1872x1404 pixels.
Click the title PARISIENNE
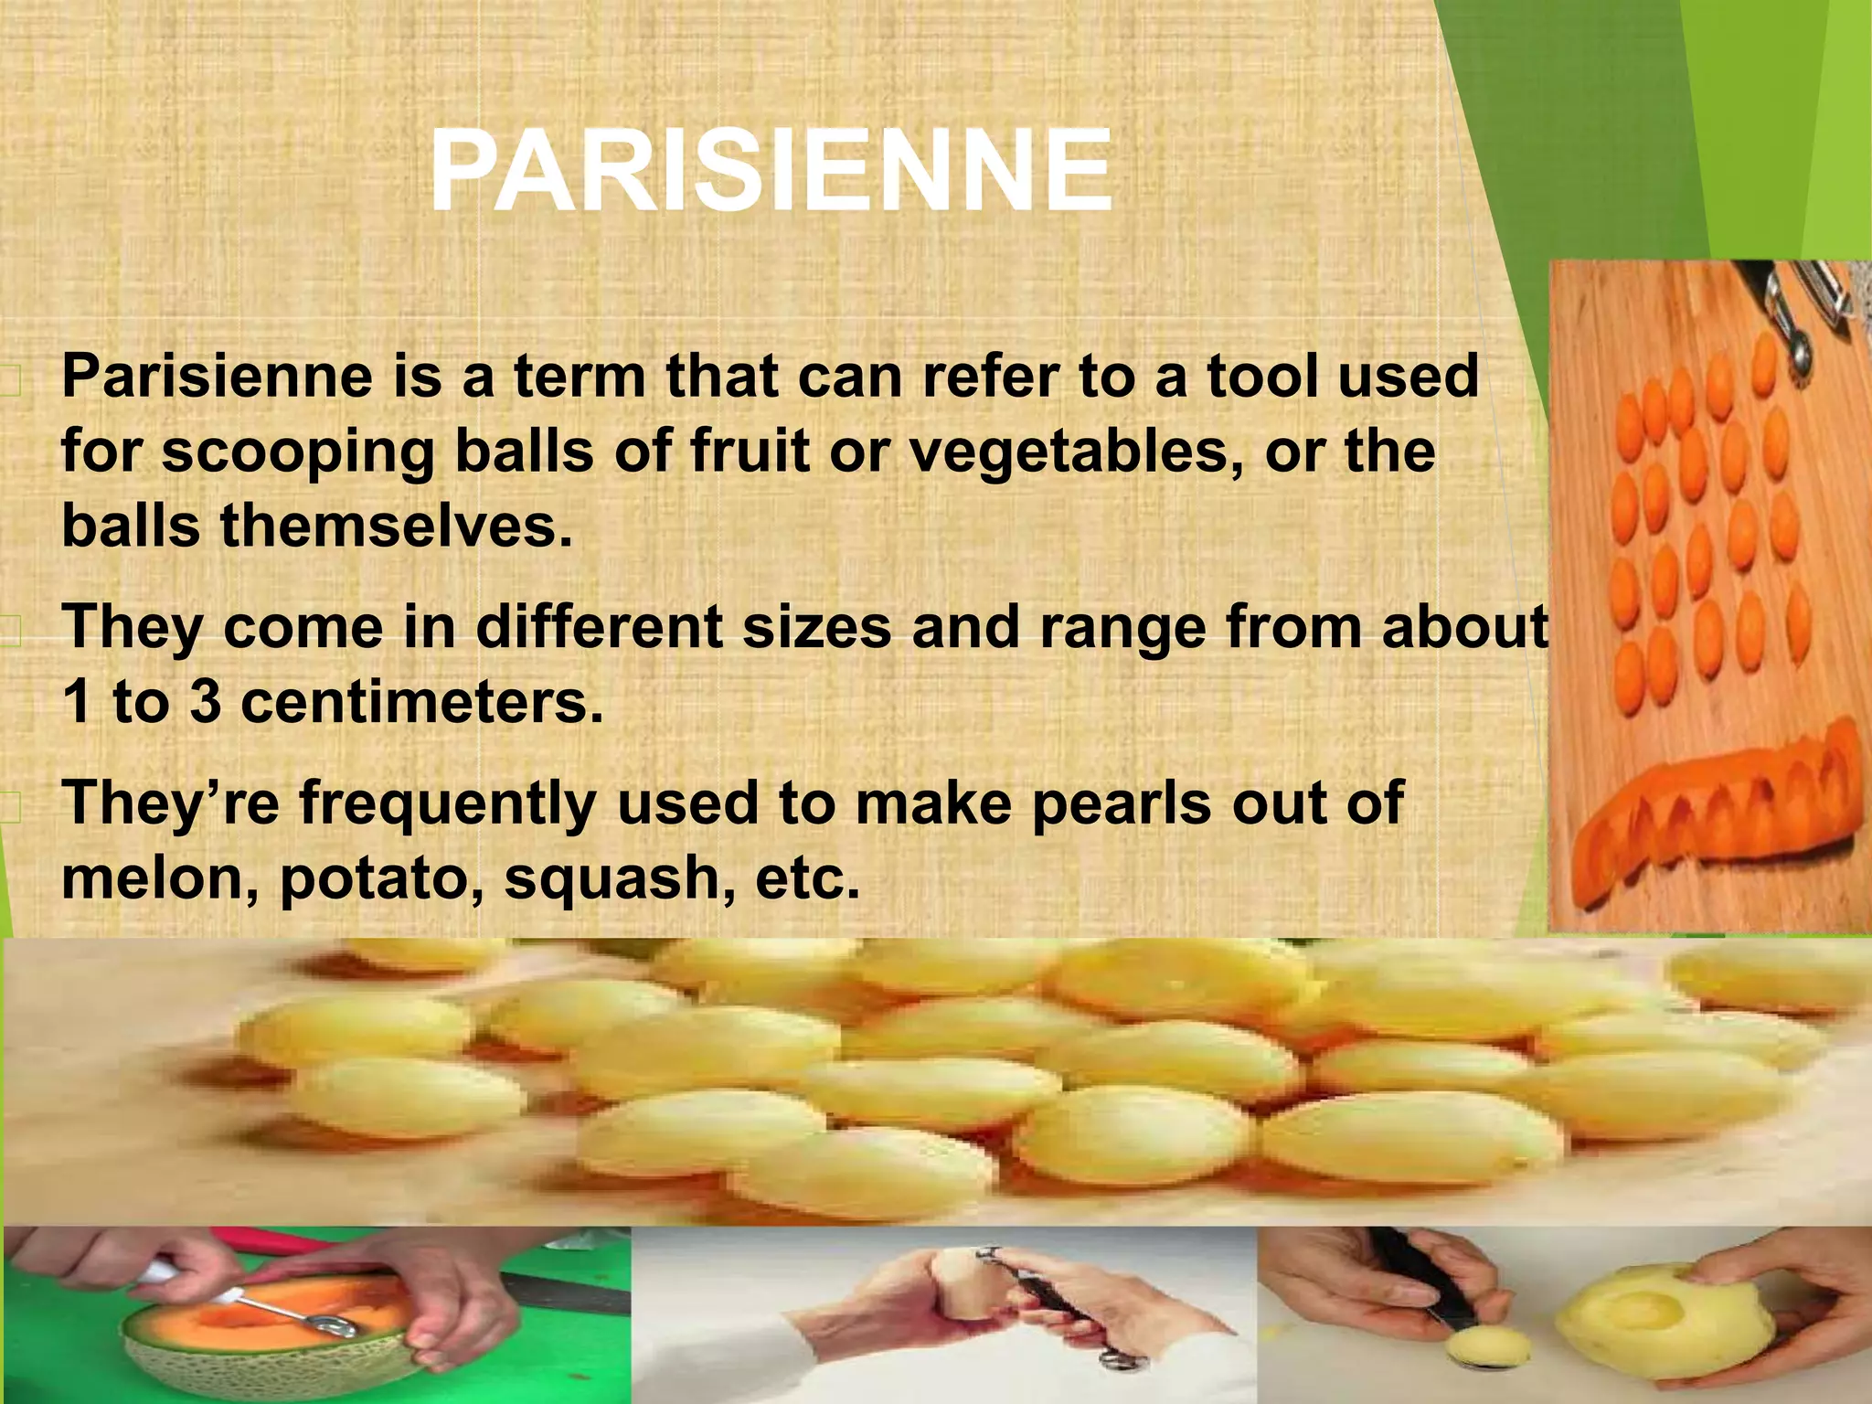(x=771, y=172)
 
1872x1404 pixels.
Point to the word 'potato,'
(x=383, y=877)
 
